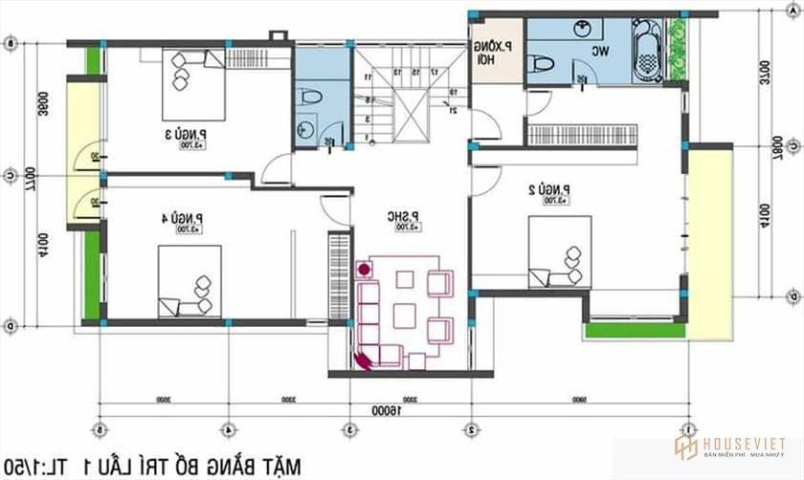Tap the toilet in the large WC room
point(542,62)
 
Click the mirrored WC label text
point(601,51)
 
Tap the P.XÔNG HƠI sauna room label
point(496,52)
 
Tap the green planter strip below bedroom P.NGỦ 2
point(632,329)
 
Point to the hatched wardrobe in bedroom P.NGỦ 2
point(573,134)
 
